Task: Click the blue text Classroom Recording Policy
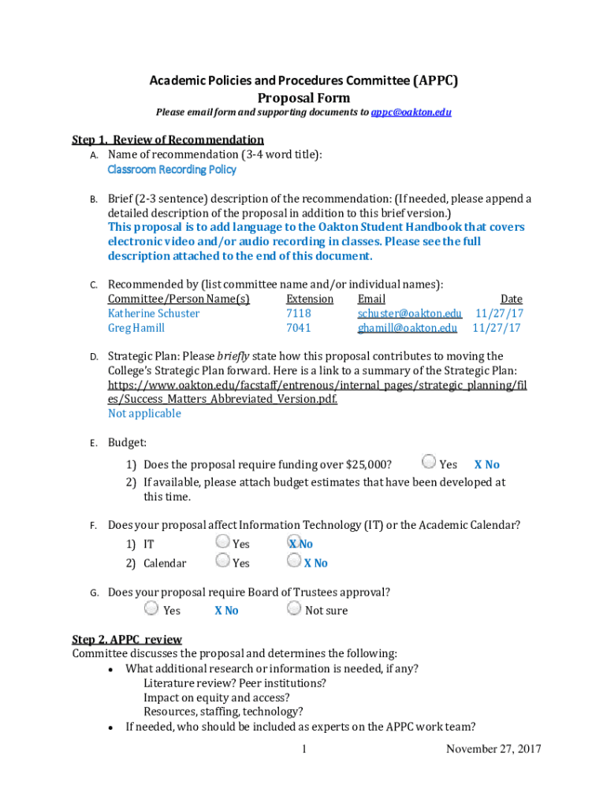click(x=172, y=169)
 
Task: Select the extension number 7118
click(x=299, y=314)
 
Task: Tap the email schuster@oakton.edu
click(x=410, y=314)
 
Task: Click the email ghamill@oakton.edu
click(x=408, y=328)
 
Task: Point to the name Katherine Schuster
click(x=154, y=314)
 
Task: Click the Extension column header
click(x=310, y=299)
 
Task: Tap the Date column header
click(x=511, y=299)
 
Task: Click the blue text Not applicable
click(x=144, y=414)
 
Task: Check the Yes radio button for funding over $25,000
click(x=429, y=463)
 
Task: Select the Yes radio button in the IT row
click(x=222, y=542)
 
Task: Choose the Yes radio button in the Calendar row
click(x=222, y=561)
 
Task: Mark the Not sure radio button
click(x=294, y=608)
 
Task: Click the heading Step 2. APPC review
click(x=127, y=639)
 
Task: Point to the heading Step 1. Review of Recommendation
click(x=168, y=140)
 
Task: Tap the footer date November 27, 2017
click(x=493, y=749)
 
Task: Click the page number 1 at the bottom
click(x=303, y=749)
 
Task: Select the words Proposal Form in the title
click(x=303, y=99)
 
